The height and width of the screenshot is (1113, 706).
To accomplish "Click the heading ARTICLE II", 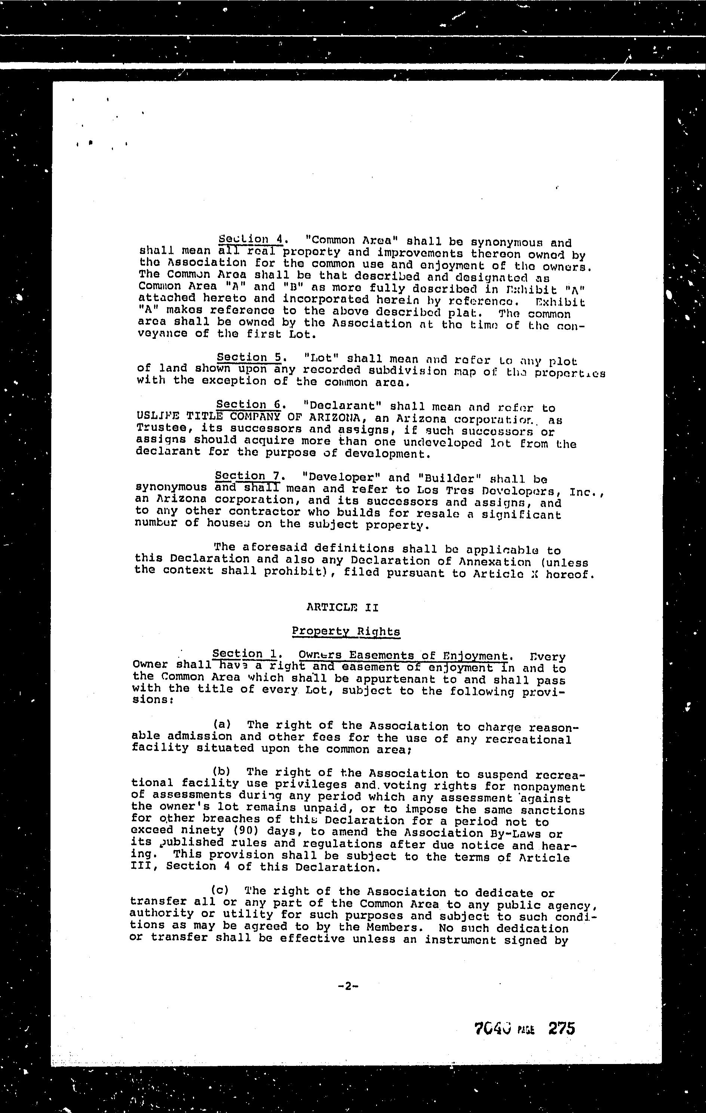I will [x=343, y=607].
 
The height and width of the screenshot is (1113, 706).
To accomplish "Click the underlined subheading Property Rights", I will [x=346, y=631].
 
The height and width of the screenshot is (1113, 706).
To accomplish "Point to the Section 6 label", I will [x=249, y=405].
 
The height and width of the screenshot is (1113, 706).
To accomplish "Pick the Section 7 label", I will [x=248, y=476].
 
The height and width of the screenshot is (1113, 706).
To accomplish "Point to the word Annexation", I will [x=495, y=562].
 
